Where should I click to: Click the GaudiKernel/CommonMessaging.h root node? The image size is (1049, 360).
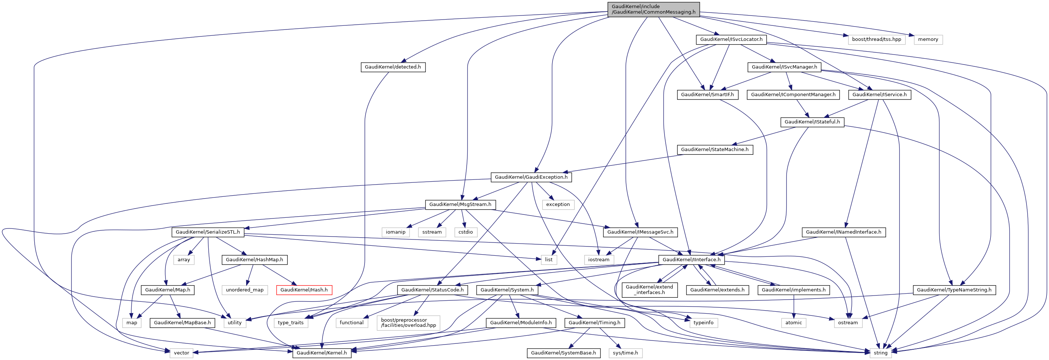click(653, 9)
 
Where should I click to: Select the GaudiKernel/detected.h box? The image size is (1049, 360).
click(393, 67)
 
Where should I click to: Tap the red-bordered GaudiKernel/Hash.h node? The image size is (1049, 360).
click(304, 290)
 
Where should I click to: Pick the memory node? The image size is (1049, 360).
click(928, 39)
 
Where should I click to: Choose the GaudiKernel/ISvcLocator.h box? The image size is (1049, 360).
click(731, 39)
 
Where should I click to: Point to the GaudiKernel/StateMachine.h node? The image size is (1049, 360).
click(715, 150)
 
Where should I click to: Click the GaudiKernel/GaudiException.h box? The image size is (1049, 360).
click(531, 177)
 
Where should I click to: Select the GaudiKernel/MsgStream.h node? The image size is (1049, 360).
click(460, 205)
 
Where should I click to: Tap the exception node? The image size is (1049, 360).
click(558, 205)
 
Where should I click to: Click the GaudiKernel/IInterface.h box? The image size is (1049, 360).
click(691, 259)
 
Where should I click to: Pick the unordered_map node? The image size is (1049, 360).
click(245, 290)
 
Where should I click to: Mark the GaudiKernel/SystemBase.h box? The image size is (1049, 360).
click(563, 353)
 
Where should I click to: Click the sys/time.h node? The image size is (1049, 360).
click(625, 353)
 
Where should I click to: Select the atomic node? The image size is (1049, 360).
click(794, 322)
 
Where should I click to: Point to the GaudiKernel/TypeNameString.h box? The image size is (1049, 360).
click(954, 290)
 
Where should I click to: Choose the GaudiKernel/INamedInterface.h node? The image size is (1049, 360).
click(843, 232)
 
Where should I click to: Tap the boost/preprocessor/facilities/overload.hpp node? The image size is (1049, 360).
click(408, 322)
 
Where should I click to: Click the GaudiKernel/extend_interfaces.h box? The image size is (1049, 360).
click(649, 290)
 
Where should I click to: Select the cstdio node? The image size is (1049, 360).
click(466, 232)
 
